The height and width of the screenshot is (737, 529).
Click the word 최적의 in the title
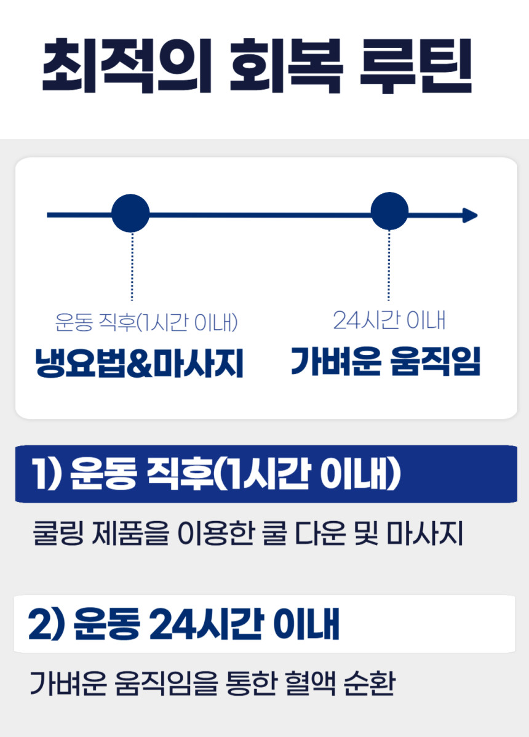pos(127,67)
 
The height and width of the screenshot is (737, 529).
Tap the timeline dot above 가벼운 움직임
pos(389,212)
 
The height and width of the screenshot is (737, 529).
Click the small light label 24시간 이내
pos(389,321)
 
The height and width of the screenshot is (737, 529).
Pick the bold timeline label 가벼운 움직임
pos(386,362)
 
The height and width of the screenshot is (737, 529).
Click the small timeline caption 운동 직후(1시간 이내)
pos(146,322)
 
